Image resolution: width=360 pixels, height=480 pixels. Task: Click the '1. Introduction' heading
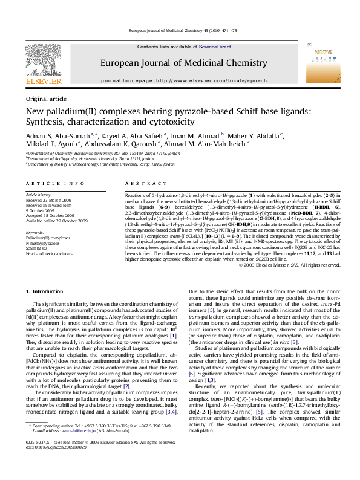[46, 292]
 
